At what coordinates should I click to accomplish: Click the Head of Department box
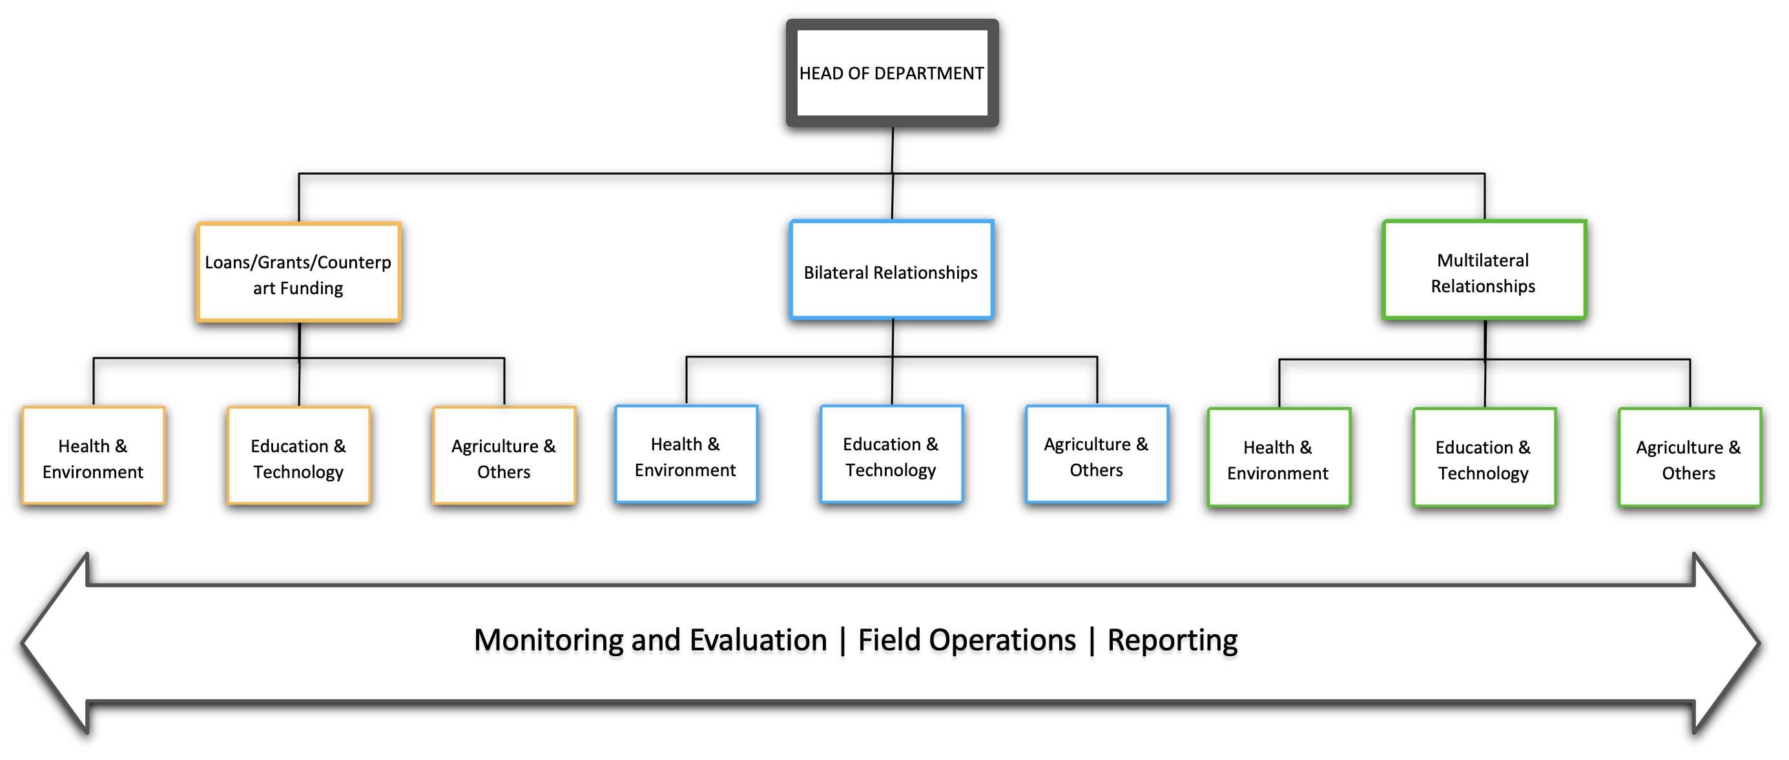[x=892, y=73]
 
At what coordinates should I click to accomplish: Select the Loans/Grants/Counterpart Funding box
[x=298, y=272]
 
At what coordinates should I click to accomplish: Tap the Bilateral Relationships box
[x=892, y=270]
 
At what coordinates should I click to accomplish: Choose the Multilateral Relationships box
[x=1484, y=270]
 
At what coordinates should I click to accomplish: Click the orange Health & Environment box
[x=93, y=455]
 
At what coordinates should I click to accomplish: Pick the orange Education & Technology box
[x=298, y=455]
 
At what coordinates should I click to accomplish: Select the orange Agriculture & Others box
[x=504, y=455]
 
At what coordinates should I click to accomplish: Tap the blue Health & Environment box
[x=686, y=454]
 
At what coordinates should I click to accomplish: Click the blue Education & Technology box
[x=892, y=454]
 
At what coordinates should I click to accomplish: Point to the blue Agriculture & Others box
[x=1097, y=454]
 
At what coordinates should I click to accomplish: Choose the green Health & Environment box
[x=1279, y=457]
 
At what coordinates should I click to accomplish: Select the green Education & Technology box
[x=1484, y=457]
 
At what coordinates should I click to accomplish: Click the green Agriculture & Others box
[x=1690, y=457]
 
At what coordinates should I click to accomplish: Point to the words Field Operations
[x=967, y=640]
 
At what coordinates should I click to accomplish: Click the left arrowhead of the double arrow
[x=56, y=643]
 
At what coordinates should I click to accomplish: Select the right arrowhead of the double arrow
[x=1726, y=643]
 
